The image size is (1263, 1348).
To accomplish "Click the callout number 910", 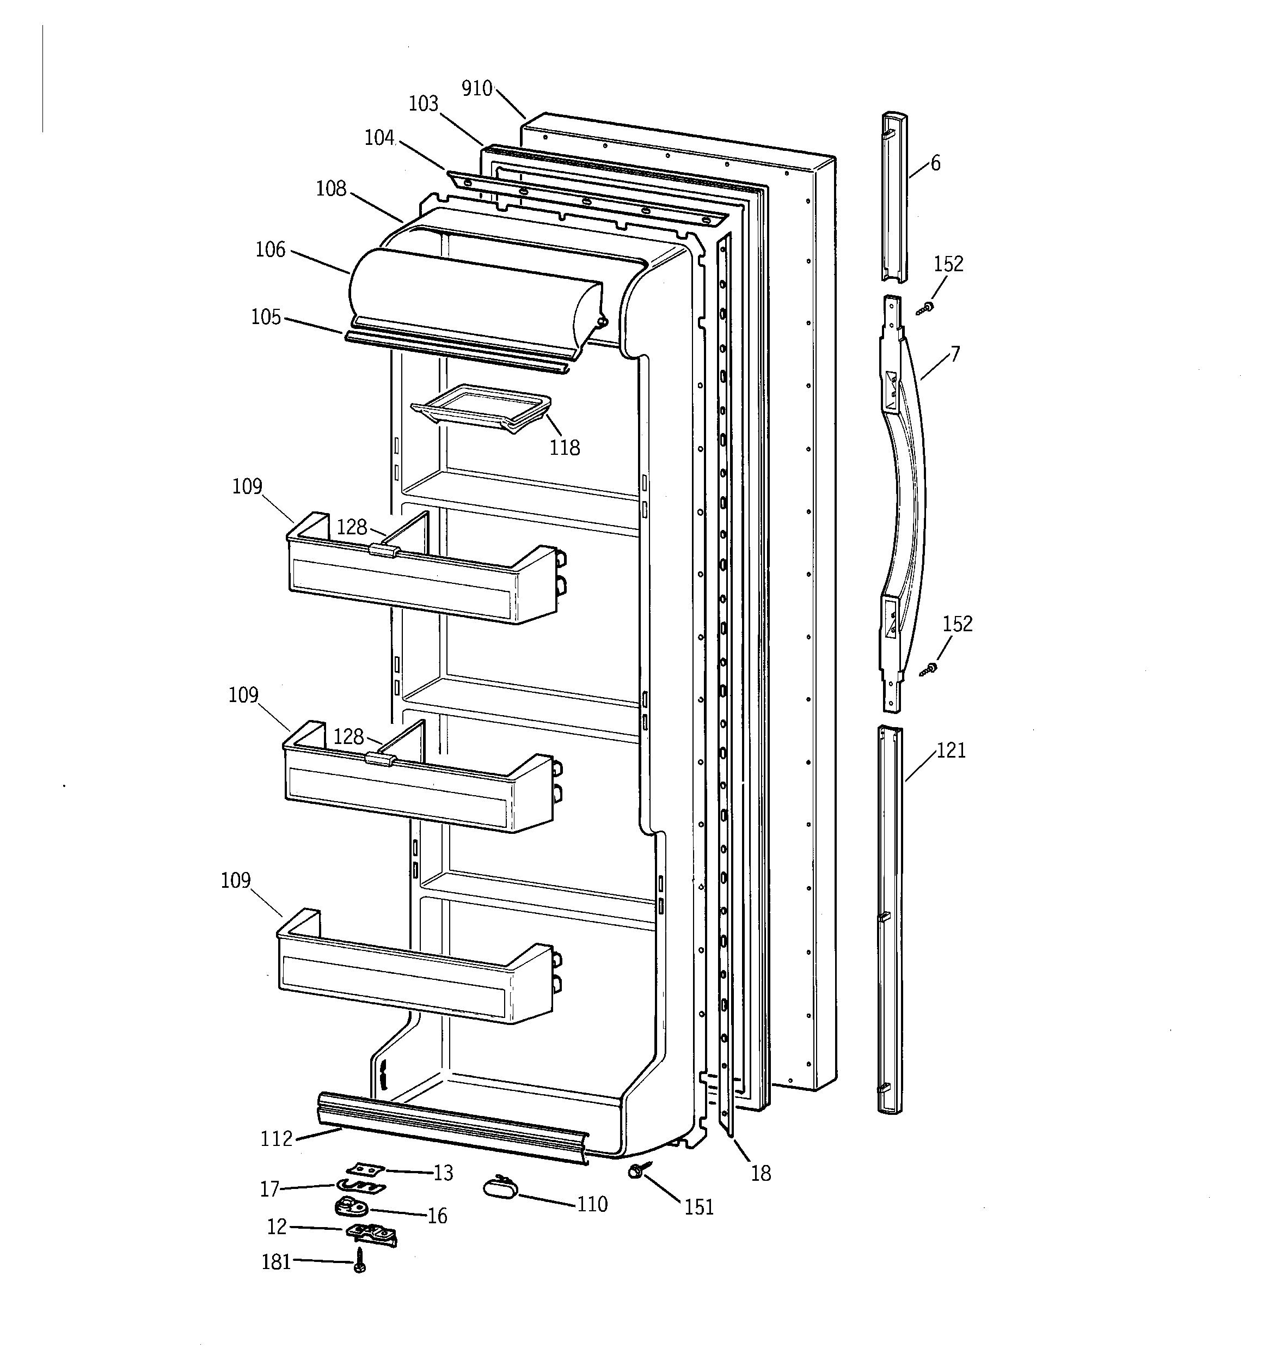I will pyautogui.click(x=476, y=89).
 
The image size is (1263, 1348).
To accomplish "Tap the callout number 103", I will pyautogui.click(x=423, y=103).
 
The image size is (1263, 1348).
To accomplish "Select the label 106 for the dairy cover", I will pyautogui.click(x=270, y=249).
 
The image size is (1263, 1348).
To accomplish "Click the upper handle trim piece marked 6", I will pyautogui.click(x=895, y=197).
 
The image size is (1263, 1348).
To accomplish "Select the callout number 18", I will pyautogui.click(x=761, y=1173).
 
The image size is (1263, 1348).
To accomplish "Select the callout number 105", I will pyautogui.click(x=266, y=318).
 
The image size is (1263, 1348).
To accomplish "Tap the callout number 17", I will pyautogui.click(x=270, y=1188).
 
